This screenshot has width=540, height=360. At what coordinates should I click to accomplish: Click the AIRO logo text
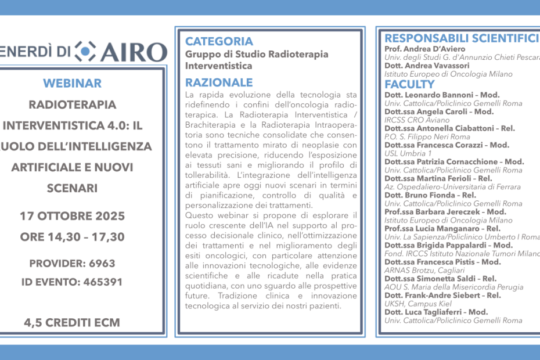pos(134,52)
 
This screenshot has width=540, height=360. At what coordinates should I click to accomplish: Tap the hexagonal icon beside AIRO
pos(85,51)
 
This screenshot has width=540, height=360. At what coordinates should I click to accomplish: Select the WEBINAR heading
pos(72,83)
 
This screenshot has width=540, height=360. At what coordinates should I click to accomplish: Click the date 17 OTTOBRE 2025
pos(72,216)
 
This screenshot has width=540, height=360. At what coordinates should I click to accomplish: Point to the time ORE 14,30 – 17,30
pos(72,237)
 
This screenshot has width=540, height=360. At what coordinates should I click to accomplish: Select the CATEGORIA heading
pos(219,41)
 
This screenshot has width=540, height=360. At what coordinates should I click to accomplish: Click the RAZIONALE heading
pos(219,82)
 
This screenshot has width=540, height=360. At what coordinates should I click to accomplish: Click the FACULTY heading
pos(409,84)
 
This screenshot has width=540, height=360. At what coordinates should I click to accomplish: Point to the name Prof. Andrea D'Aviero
pos(424,49)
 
